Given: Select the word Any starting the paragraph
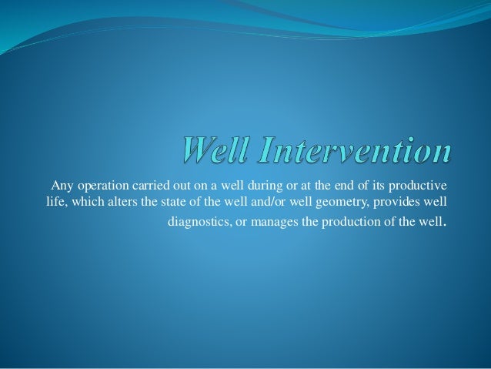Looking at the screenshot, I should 61,185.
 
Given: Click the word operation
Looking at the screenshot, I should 102,185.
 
